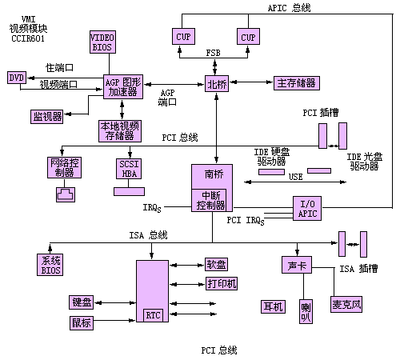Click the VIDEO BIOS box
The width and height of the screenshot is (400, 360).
102,42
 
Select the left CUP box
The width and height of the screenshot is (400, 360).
183,36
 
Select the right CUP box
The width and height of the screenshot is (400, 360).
248,36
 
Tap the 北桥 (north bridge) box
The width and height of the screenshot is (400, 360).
217,84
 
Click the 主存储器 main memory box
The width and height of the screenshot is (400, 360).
297,83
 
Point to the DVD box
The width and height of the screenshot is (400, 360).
17,78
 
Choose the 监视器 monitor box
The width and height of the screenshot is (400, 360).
47,117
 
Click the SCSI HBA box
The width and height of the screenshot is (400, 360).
129,169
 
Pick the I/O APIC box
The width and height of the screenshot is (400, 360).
307,209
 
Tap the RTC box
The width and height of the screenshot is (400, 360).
153,315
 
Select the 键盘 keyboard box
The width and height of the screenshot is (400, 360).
81,302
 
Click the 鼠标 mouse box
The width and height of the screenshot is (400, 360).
82,323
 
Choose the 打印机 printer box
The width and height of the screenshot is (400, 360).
222,283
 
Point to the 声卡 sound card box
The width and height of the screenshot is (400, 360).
297,265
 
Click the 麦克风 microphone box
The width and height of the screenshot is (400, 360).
346,304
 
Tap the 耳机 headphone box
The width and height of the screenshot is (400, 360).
273,306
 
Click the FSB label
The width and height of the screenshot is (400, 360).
214,53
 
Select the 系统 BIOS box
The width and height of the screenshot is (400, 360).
50,265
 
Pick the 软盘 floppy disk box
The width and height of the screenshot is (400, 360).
216,264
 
